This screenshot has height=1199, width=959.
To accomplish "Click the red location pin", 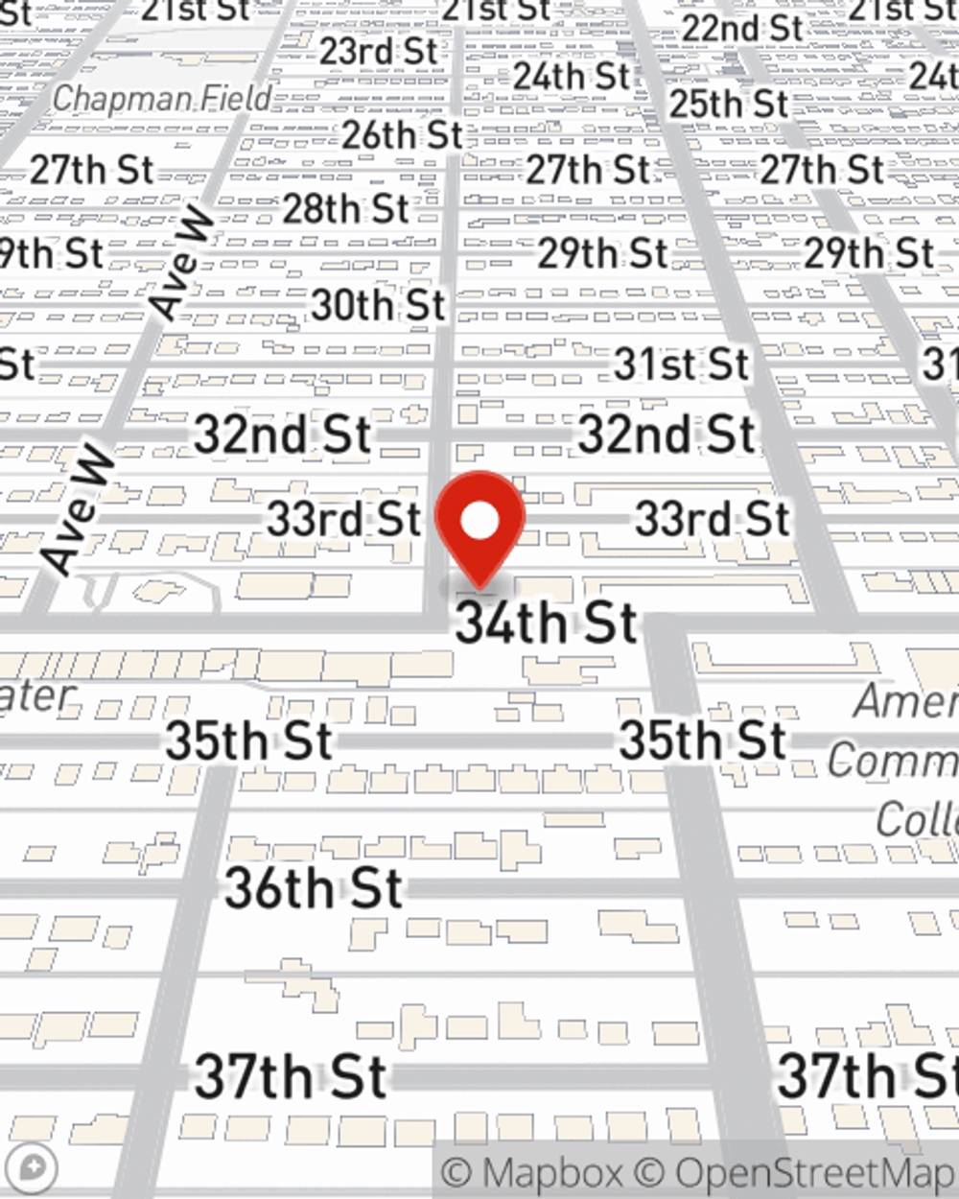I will coord(479,523).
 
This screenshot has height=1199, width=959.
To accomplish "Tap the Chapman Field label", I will coord(162,98).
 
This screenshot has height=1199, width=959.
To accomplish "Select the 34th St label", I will coord(547,623).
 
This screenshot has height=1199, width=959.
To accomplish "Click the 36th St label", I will coord(314,888).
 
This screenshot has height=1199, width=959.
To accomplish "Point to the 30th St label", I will coord(379,305).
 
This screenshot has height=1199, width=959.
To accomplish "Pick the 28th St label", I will coord(346,208).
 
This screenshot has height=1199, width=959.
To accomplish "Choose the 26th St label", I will coord(403,135).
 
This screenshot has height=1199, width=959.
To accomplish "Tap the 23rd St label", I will coord(379,52).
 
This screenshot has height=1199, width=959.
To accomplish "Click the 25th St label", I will coord(729,104).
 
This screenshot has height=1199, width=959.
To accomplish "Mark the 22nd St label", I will coord(742,29).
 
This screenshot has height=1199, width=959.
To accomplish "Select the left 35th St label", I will coord(249,741).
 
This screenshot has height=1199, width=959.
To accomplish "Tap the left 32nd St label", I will coord(283,435).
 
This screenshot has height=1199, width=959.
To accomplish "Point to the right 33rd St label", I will coord(713,519).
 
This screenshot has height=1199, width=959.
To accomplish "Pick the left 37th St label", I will coord(292,1076).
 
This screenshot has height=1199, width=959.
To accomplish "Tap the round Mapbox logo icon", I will coord(35,1169).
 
